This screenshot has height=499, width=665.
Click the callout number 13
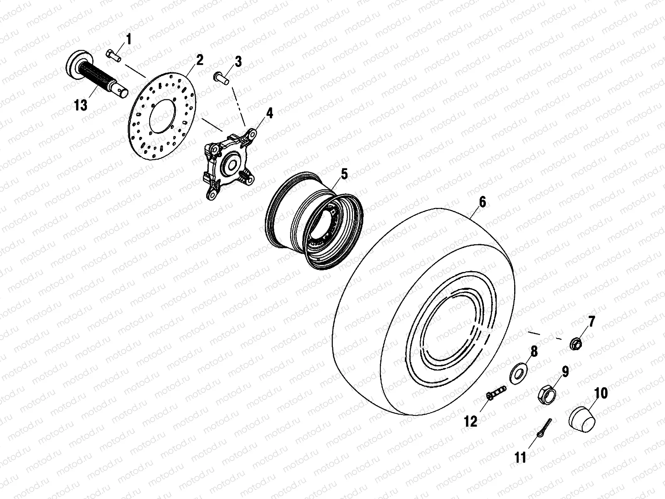(81, 106)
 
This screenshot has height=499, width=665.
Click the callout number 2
(199, 60)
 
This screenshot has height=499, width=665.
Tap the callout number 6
(482, 203)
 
